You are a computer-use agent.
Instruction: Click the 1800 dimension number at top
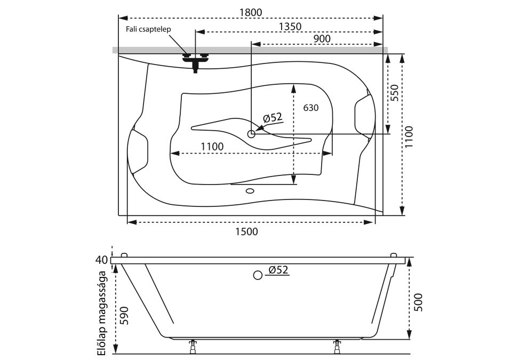point(251,12)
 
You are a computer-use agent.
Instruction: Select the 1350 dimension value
point(290,27)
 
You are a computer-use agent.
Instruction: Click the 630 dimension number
point(310,108)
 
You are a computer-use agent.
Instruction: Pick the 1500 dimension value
point(246,231)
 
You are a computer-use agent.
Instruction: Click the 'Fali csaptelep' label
point(148,29)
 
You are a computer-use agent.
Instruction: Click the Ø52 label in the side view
point(278,270)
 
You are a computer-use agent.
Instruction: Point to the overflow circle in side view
point(258,275)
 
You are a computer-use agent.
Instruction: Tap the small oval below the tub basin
point(250,190)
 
